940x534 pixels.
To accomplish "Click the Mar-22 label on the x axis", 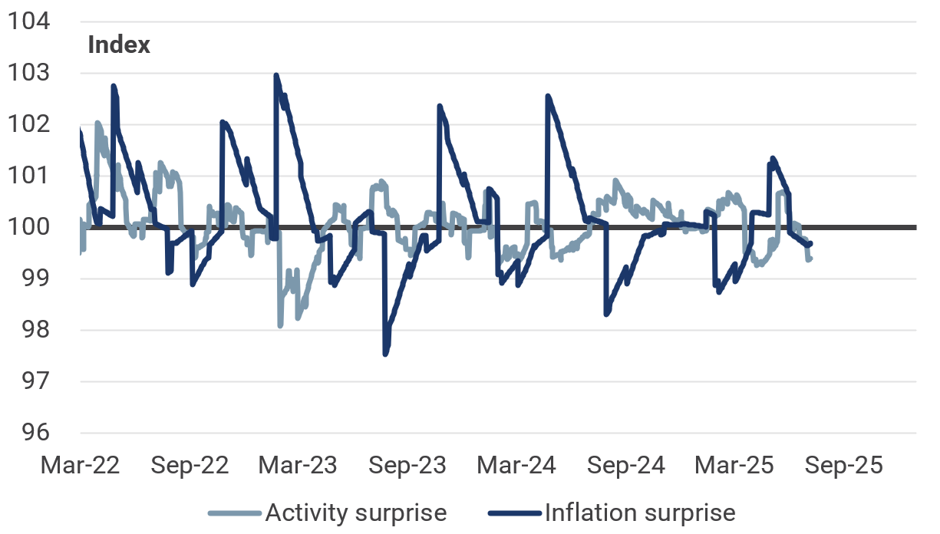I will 81,466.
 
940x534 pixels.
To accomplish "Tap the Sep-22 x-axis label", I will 190,466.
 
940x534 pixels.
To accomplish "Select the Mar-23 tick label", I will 299,466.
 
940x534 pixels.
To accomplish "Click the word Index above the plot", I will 119,44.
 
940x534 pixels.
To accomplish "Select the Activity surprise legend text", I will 355,513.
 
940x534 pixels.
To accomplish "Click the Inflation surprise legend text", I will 639,513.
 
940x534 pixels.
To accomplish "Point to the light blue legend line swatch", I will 234,513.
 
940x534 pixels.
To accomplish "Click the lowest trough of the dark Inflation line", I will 385,354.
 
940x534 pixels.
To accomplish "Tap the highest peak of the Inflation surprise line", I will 275,75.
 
